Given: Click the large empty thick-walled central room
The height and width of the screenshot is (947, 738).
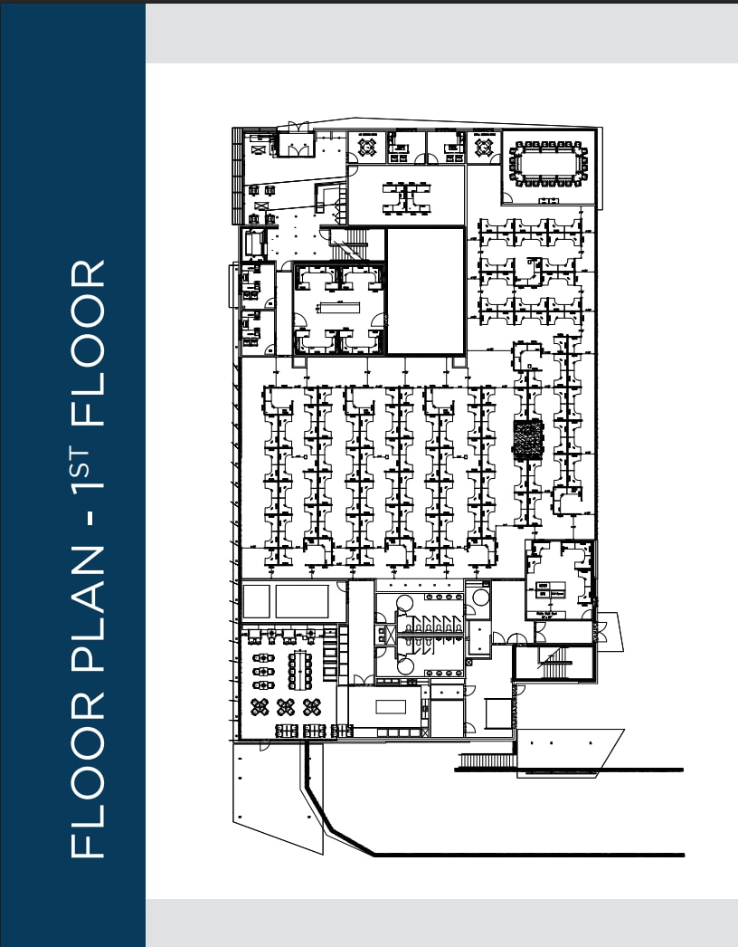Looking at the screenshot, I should click(424, 291).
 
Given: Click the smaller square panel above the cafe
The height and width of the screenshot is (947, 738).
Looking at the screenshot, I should click(256, 600).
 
